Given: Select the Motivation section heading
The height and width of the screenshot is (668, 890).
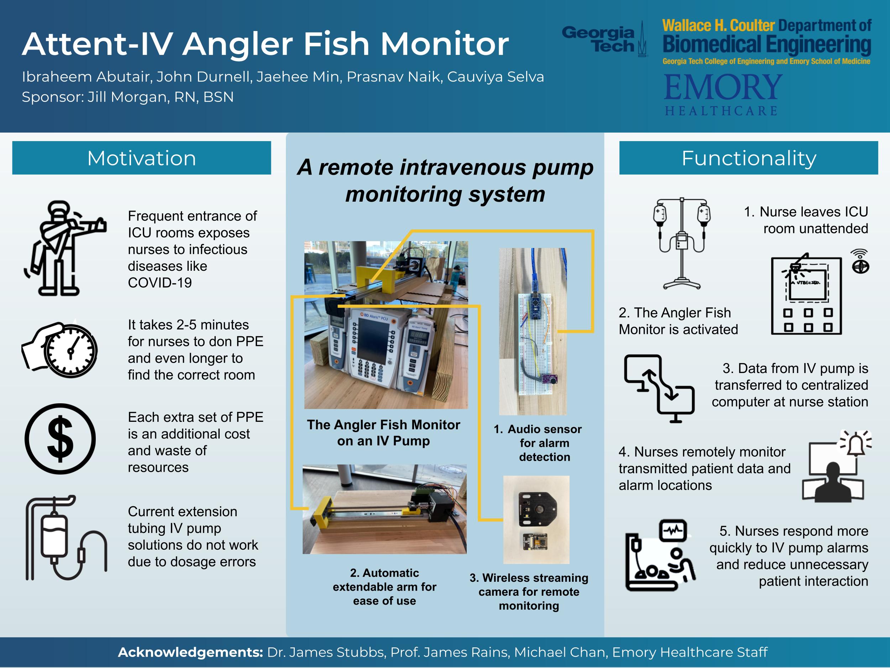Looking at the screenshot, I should tap(141, 158).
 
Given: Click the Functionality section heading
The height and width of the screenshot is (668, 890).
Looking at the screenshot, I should tap(748, 158).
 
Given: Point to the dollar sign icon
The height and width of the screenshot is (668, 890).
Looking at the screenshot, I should tap(61, 439).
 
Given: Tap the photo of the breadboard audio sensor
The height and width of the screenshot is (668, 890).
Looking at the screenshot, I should tap(533, 331).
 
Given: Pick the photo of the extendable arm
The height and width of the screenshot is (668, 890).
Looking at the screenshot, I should tap(384, 509).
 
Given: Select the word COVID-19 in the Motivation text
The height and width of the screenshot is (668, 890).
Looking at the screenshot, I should tap(160, 283).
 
